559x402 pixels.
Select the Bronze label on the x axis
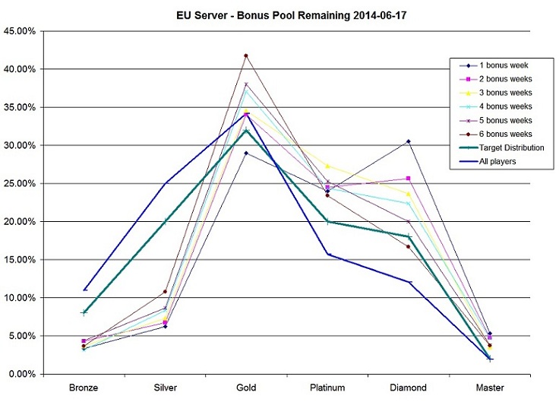click(84, 388)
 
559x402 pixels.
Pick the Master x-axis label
click(490, 388)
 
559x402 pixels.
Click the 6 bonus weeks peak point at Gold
click(246, 55)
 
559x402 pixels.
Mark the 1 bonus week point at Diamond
click(409, 141)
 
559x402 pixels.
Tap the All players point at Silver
click(165, 183)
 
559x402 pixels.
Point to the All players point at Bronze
click(84, 290)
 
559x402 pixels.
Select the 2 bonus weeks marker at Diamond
click(409, 179)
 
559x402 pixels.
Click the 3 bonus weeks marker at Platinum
click(327, 166)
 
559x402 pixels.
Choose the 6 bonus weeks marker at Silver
click(165, 292)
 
